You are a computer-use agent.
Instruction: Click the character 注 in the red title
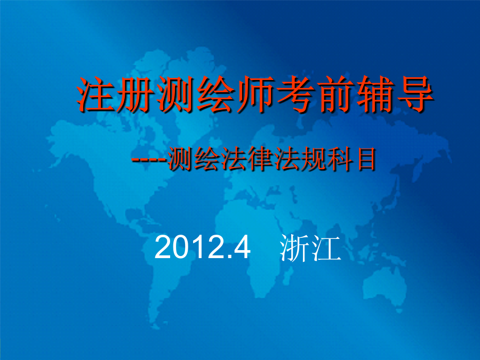[95, 94]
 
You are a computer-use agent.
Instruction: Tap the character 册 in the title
[135, 94]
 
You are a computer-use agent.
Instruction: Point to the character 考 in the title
[295, 94]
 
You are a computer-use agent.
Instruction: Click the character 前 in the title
[334, 94]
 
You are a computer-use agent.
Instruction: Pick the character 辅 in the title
[374, 94]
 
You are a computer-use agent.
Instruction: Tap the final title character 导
[414, 94]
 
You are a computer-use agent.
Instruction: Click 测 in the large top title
[175, 94]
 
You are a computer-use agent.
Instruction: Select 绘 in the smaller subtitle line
[206, 158]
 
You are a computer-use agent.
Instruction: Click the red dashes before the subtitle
[149, 160]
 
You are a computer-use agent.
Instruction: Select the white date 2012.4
[202, 247]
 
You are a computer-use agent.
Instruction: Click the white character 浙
[294, 248]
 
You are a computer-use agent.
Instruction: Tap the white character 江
[326, 248]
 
